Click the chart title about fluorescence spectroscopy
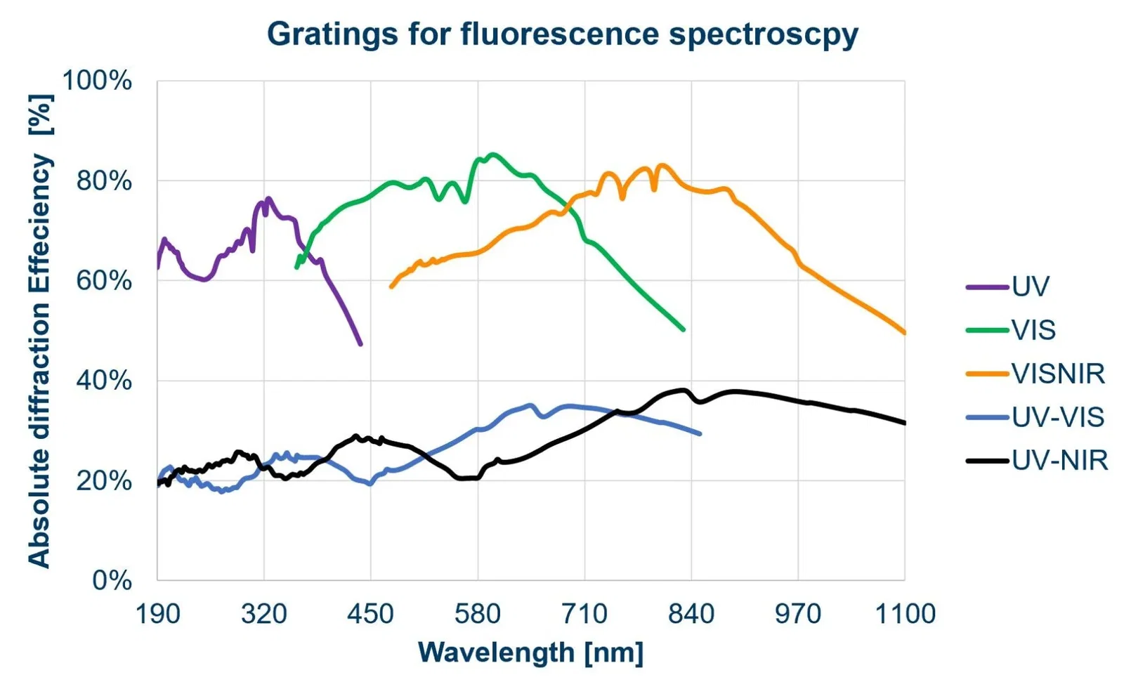click(562, 34)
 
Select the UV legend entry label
click(1030, 287)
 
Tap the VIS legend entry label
click(1033, 330)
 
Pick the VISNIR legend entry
click(1058, 374)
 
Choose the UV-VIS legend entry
click(1058, 417)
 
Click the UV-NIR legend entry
click(1059, 461)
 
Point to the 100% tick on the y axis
click(97, 81)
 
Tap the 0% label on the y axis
click(112, 581)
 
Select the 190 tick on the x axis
click(157, 614)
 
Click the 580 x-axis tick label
click(478, 614)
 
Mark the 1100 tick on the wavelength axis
click(905, 614)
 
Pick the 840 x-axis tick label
click(691, 614)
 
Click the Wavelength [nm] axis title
click(530, 652)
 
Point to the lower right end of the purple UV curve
click(360, 344)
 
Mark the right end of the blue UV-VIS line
click(700, 433)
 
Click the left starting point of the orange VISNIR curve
click(391, 287)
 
